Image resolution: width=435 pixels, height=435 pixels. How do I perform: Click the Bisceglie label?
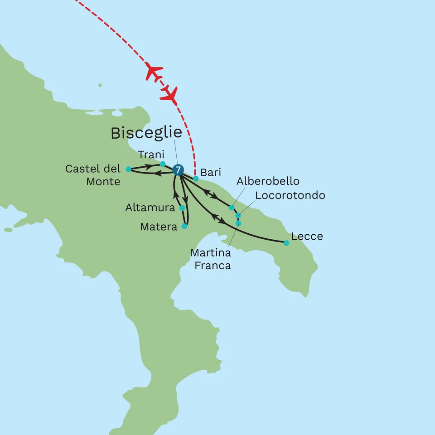click(146, 133)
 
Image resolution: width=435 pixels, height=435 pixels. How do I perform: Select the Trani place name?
click(151, 155)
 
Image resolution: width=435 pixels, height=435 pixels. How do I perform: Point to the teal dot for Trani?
click(163, 164)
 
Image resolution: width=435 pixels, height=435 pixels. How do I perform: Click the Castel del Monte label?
click(93, 175)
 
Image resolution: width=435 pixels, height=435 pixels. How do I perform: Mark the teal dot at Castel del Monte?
click(128, 169)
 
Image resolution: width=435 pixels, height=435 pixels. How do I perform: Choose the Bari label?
click(211, 173)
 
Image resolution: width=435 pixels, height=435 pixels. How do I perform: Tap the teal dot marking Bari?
click(196, 179)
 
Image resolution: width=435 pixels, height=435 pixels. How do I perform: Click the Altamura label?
click(150, 208)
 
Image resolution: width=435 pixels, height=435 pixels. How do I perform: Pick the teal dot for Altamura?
click(182, 208)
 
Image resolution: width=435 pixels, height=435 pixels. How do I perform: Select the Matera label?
click(159, 227)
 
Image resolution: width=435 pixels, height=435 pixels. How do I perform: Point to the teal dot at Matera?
click(184, 226)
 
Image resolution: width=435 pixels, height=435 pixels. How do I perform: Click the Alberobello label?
click(268, 181)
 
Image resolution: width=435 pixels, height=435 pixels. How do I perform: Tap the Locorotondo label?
click(290, 195)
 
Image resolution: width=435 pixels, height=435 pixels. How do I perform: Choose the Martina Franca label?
click(211, 259)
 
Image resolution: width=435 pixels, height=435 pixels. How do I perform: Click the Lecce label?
click(307, 236)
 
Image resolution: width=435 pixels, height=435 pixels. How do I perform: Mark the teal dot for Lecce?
click(286, 243)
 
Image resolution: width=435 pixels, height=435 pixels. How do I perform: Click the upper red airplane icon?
click(154, 72)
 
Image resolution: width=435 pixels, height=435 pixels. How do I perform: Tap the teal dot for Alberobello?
click(232, 208)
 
